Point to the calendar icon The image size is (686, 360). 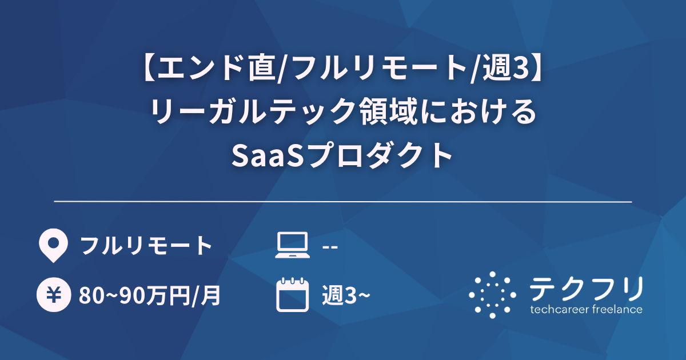click(292, 295)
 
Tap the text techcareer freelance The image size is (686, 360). click(586, 310)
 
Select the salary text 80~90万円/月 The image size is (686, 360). click(150, 296)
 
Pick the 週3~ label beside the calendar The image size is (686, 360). click(346, 296)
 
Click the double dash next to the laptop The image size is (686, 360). click(330, 246)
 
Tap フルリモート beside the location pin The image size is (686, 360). click(146, 246)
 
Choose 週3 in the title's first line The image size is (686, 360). click(502, 69)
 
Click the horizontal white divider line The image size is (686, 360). click(343, 202)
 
